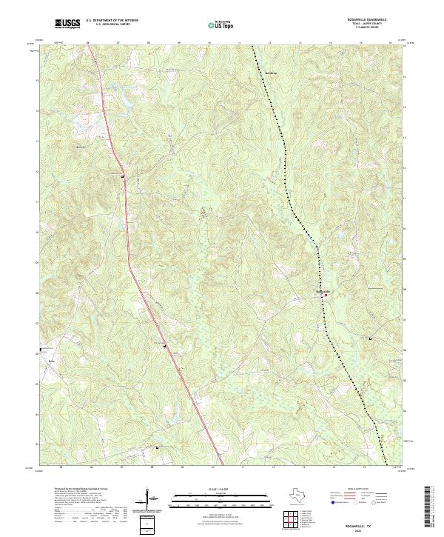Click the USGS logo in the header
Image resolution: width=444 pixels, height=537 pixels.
tap(67, 24)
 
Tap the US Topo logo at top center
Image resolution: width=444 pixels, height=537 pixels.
tap(223, 24)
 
